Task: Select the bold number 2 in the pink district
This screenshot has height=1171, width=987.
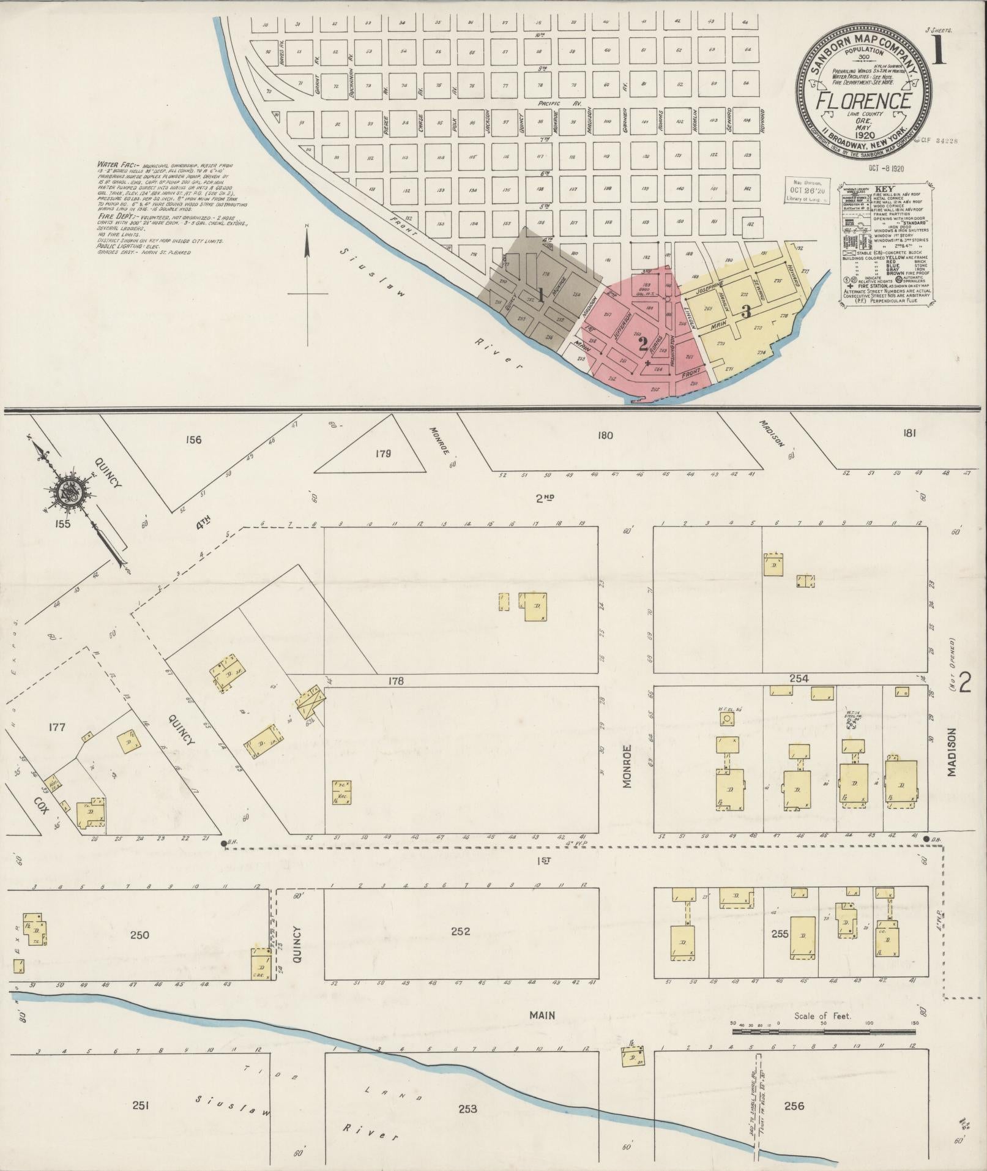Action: click(642, 343)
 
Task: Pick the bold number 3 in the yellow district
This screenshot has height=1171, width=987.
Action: click(745, 311)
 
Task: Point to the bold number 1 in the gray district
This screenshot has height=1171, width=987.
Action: click(541, 294)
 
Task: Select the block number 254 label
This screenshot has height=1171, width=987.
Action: click(799, 678)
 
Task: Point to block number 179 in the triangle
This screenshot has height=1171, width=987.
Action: click(384, 454)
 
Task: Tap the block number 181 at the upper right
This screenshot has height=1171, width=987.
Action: click(909, 434)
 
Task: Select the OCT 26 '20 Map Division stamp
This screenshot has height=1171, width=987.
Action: click(808, 190)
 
